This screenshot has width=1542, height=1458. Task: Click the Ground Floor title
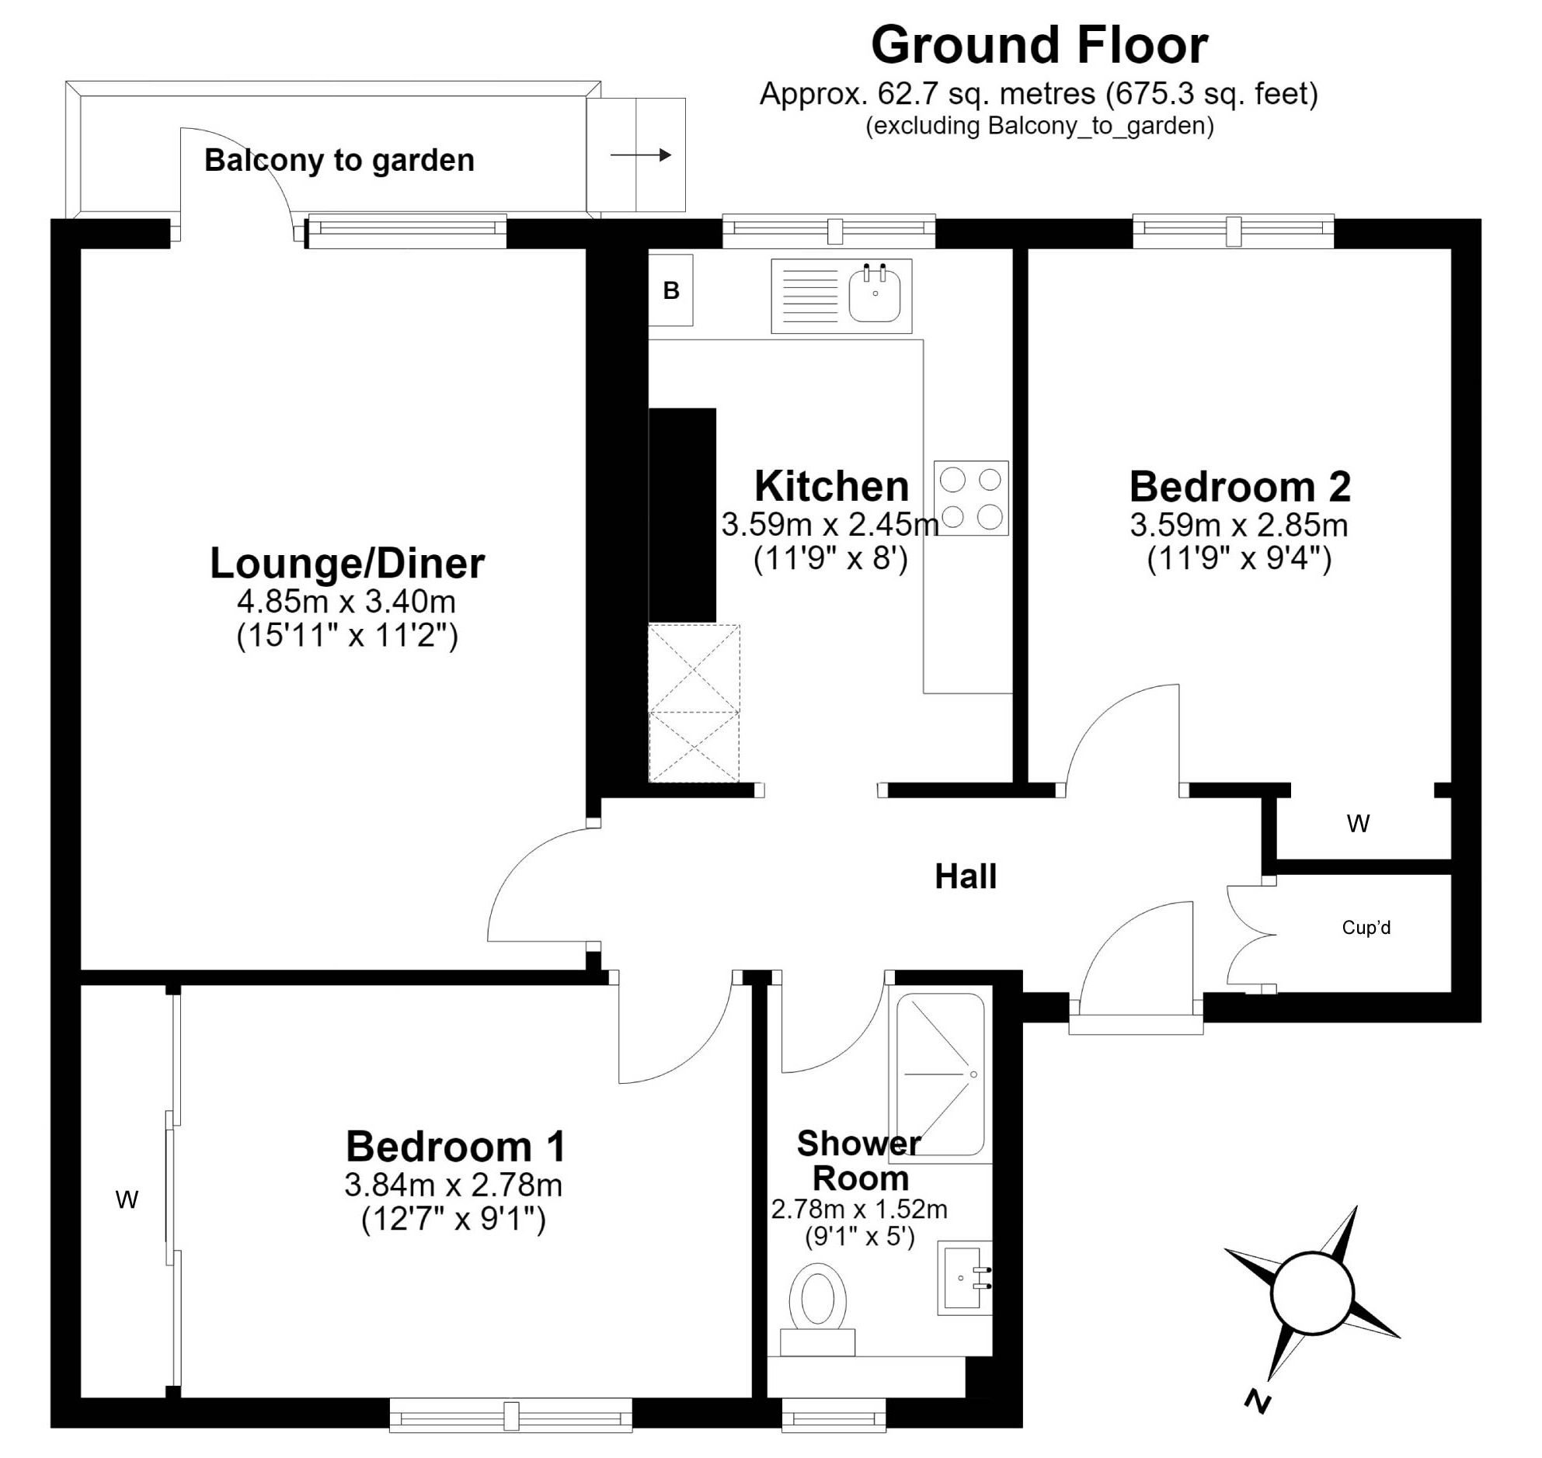click(1039, 45)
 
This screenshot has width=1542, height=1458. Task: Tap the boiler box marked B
click(670, 290)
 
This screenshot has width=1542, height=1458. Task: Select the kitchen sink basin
click(875, 293)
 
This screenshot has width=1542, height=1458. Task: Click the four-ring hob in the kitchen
click(971, 498)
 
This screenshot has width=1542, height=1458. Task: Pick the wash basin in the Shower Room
click(965, 1279)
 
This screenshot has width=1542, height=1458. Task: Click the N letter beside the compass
click(1258, 1401)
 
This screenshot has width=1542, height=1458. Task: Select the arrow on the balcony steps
click(641, 155)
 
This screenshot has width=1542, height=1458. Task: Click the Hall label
click(966, 877)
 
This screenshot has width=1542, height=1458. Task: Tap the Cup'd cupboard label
click(1366, 927)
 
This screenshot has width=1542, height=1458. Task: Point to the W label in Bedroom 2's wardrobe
click(1359, 824)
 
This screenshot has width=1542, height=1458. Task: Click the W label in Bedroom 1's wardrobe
click(127, 1201)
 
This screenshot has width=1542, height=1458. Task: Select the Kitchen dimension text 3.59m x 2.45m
click(830, 525)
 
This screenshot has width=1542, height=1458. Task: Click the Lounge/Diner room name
click(347, 563)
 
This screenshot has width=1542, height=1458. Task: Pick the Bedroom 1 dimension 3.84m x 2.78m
click(454, 1185)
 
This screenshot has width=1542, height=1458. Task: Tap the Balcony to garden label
click(339, 160)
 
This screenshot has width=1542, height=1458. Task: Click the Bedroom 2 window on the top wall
click(1234, 231)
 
